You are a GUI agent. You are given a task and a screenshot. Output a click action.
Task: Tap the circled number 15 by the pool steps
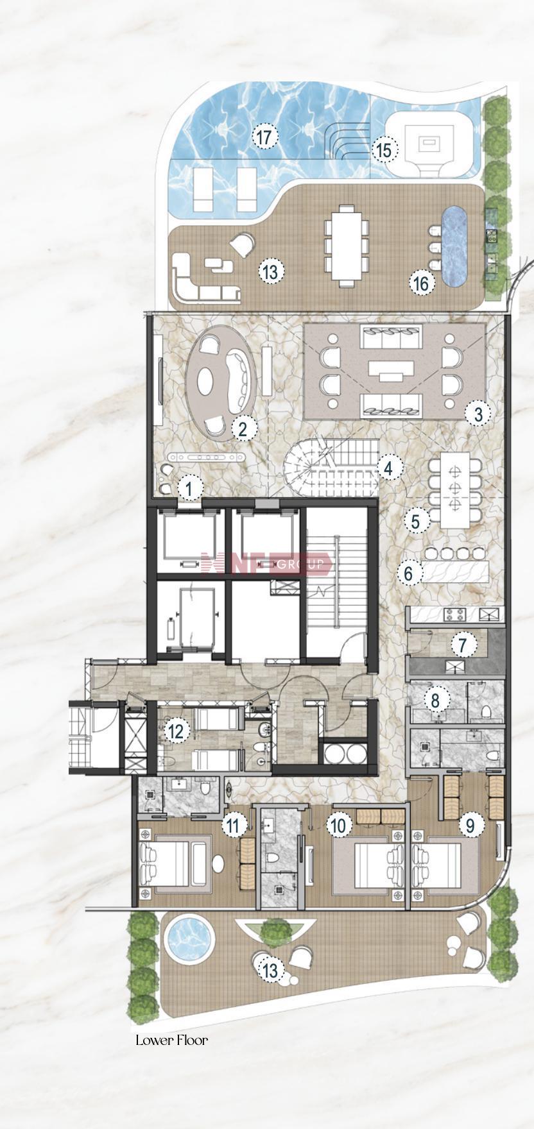point(384,151)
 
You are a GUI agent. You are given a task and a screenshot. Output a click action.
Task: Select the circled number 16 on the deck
point(421,283)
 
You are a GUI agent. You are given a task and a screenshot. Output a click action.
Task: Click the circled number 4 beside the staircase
point(389,468)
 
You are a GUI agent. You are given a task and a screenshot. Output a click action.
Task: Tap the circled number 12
point(176,731)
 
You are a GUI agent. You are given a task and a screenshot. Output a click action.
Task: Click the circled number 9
point(470,825)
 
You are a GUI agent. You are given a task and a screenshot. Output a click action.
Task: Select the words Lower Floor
point(171,1040)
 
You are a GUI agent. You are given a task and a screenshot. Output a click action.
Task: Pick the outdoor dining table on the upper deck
point(347,244)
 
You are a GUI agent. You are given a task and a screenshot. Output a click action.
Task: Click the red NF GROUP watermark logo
point(266,564)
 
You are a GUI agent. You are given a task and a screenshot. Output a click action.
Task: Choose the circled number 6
point(409,573)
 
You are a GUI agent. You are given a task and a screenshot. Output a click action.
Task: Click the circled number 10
point(340,825)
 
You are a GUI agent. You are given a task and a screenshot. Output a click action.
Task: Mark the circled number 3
point(478,414)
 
